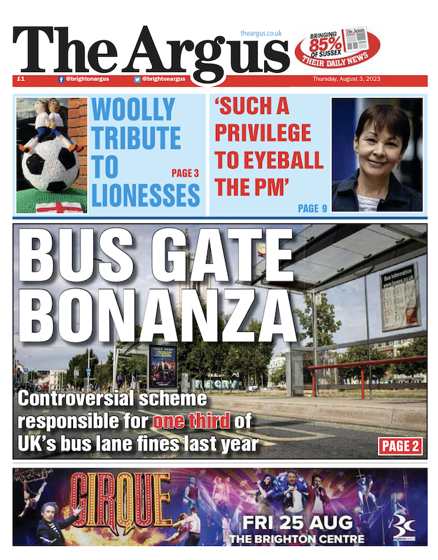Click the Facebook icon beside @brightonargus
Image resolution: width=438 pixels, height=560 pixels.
[x=62, y=80]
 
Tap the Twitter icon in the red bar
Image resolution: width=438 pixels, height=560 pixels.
[x=137, y=80]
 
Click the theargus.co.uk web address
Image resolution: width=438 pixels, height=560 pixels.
[x=261, y=33]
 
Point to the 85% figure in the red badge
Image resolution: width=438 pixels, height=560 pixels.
[x=328, y=48]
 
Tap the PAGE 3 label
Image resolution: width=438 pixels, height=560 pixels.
[x=185, y=173]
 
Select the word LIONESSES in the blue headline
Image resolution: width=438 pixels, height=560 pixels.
[x=146, y=195]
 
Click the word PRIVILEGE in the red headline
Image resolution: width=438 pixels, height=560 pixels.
[x=264, y=132]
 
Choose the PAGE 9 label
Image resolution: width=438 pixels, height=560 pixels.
[x=312, y=208]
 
